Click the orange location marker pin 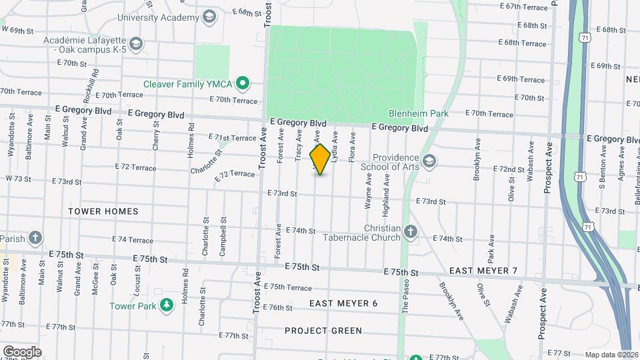pyautogui.click(x=321, y=159)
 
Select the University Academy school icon pyautogui.click(x=209, y=16)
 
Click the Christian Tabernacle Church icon pyautogui.click(x=411, y=232)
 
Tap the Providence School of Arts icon pyautogui.click(x=429, y=161)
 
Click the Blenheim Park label pyautogui.click(x=419, y=114)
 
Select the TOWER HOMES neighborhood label pyautogui.click(x=103, y=211)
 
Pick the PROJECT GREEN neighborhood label pyautogui.click(x=323, y=331)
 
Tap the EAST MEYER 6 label pyautogui.click(x=343, y=303)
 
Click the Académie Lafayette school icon pyautogui.click(x=136, y=45)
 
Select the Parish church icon pyautogui.click(x=36, y=238)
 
